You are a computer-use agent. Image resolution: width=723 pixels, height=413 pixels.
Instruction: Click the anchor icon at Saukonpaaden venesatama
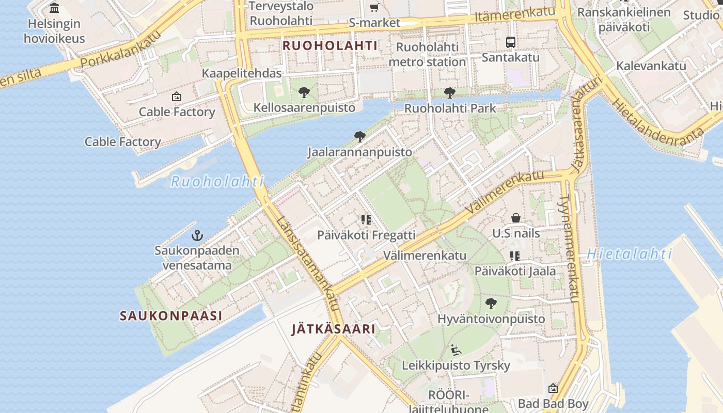pyautogui.click(x=197, y=236)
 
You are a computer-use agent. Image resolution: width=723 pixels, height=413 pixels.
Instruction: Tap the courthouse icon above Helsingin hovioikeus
pyautogui.click(x=54, y=8)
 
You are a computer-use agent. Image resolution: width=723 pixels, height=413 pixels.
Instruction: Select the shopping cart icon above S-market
pyautogui.click(x=374, y=7)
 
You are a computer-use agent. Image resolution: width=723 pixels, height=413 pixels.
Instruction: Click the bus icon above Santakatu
pyautogui.click(x=510, y=42)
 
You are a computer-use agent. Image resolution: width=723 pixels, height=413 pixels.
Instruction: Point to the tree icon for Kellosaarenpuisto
pyautogui.click(x=304, y=92)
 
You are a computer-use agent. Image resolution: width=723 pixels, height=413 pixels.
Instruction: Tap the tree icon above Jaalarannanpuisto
pyautogui.click(x=360, y=137)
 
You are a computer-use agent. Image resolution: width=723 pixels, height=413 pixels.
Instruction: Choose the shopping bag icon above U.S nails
pyautogui.click(x=515, y=218)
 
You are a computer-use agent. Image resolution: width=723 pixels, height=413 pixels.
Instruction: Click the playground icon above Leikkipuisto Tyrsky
pyautogui.click(x=456, y=350)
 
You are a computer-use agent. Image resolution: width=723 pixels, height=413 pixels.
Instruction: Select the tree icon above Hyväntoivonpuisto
pyautogui.click(x=491, y=304)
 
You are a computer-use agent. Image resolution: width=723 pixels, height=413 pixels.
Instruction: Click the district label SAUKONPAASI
pyautogui.click(x=171, y=316)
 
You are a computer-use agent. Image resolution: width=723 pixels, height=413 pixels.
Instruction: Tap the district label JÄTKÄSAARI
pyautogui.click(x=333, y=329)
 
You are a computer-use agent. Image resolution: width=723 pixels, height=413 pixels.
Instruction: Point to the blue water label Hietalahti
pyautogui.click(x=630, y=254)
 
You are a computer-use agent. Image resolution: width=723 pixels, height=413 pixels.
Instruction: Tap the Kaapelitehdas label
pyautogui.click(x=242, y=73)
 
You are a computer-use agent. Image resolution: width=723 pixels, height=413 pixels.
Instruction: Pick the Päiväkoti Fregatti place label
pyautogui.click(x=366, y=235)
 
